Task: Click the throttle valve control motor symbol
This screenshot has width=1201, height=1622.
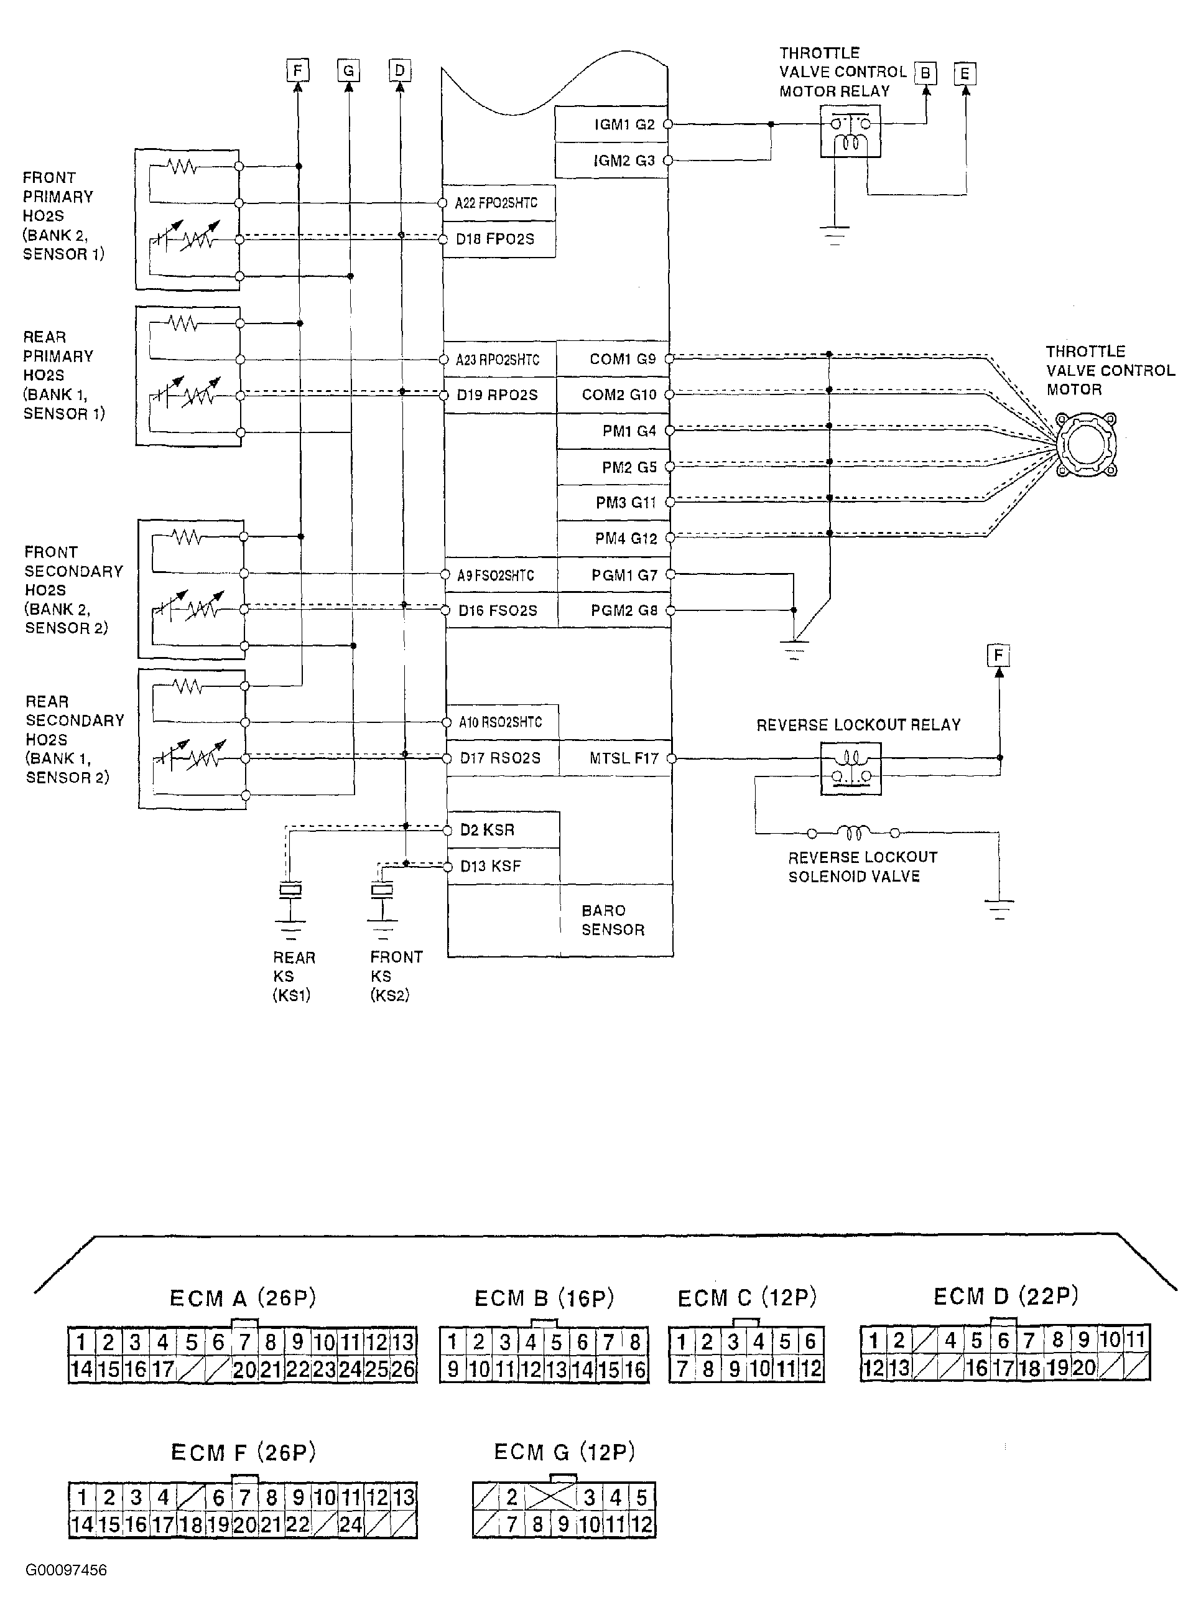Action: (1086, 445)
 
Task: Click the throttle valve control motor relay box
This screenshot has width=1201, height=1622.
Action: (851, 131)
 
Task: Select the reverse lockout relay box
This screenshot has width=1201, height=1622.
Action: (851, 768)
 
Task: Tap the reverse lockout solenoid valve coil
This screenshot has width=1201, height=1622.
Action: (853, 832)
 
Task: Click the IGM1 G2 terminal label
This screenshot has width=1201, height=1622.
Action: (624, 124)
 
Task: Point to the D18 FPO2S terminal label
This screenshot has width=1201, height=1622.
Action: (495, 239)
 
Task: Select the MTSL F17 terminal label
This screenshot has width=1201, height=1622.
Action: (624, 758)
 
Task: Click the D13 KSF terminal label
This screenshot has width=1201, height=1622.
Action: (491, 866)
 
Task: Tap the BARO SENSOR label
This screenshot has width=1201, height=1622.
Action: (613, 920)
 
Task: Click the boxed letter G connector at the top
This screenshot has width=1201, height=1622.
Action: (349, 70)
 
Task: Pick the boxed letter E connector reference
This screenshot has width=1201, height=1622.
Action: (965, 73)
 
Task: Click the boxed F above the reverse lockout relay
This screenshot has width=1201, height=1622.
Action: (998, 655)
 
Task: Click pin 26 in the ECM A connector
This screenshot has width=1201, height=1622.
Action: (403, 1369)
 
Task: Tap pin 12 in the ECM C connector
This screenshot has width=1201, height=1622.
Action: (811, 1369)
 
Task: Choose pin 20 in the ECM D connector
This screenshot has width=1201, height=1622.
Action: (1083, 1368)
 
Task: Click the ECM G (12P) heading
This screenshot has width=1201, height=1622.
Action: (564, 1452)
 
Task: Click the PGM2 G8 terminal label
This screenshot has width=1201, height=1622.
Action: (624, 611)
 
